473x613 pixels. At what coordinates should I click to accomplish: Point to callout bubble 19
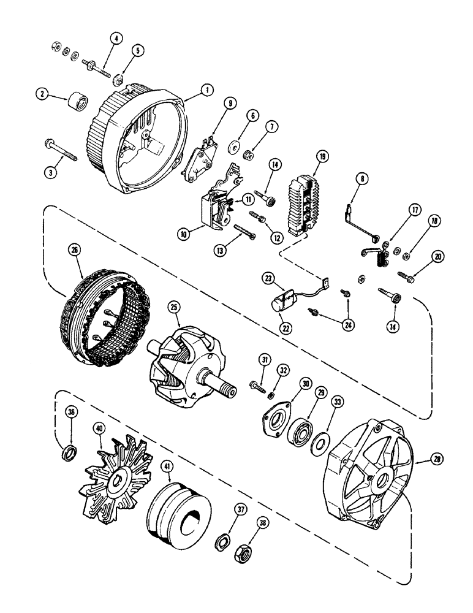(x=320, y=156)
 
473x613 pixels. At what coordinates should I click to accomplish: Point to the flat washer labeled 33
(x=319, y=441)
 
